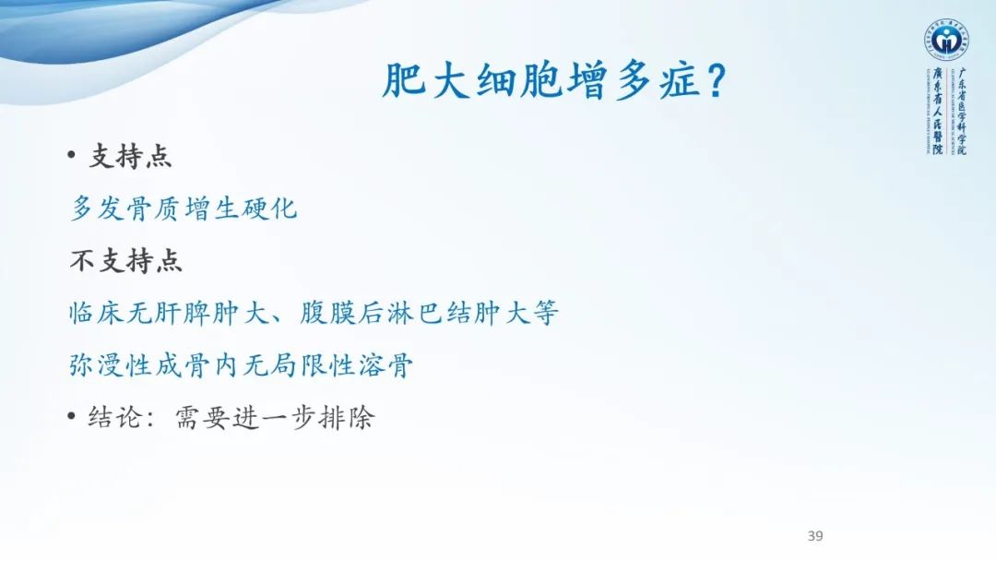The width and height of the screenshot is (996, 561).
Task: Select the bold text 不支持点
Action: pos(126,261)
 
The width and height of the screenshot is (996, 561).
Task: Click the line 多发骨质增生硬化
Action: pos(184,208)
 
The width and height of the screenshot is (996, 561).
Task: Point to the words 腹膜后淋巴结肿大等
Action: pos(430,314)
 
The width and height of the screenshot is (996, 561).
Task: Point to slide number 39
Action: pos(814,536)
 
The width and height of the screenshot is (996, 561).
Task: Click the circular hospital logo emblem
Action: pos(945,41)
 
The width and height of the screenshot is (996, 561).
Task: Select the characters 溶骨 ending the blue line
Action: pos(390,366)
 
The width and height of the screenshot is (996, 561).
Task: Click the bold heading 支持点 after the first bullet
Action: pos(130,156)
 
